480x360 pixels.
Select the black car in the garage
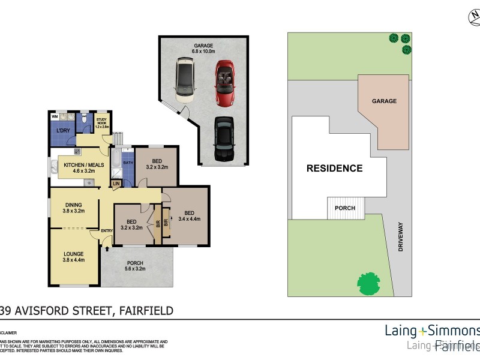coord(223,139)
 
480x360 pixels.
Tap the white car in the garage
coord(185,80)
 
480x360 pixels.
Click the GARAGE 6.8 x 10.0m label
coord(203,49)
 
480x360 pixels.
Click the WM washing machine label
coord(55,116)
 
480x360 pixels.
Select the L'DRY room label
coord(64,131)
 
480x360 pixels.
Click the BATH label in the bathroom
coord(128,163)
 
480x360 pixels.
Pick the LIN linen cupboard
coord(116,183)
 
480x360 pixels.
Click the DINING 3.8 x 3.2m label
coord(73,208)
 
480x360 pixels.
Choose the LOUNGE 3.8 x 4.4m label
coord(73,257)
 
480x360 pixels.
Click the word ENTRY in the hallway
coord(107,231)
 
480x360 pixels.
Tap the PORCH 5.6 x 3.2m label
coord(136,266)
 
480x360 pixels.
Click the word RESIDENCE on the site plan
coord(334,168)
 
